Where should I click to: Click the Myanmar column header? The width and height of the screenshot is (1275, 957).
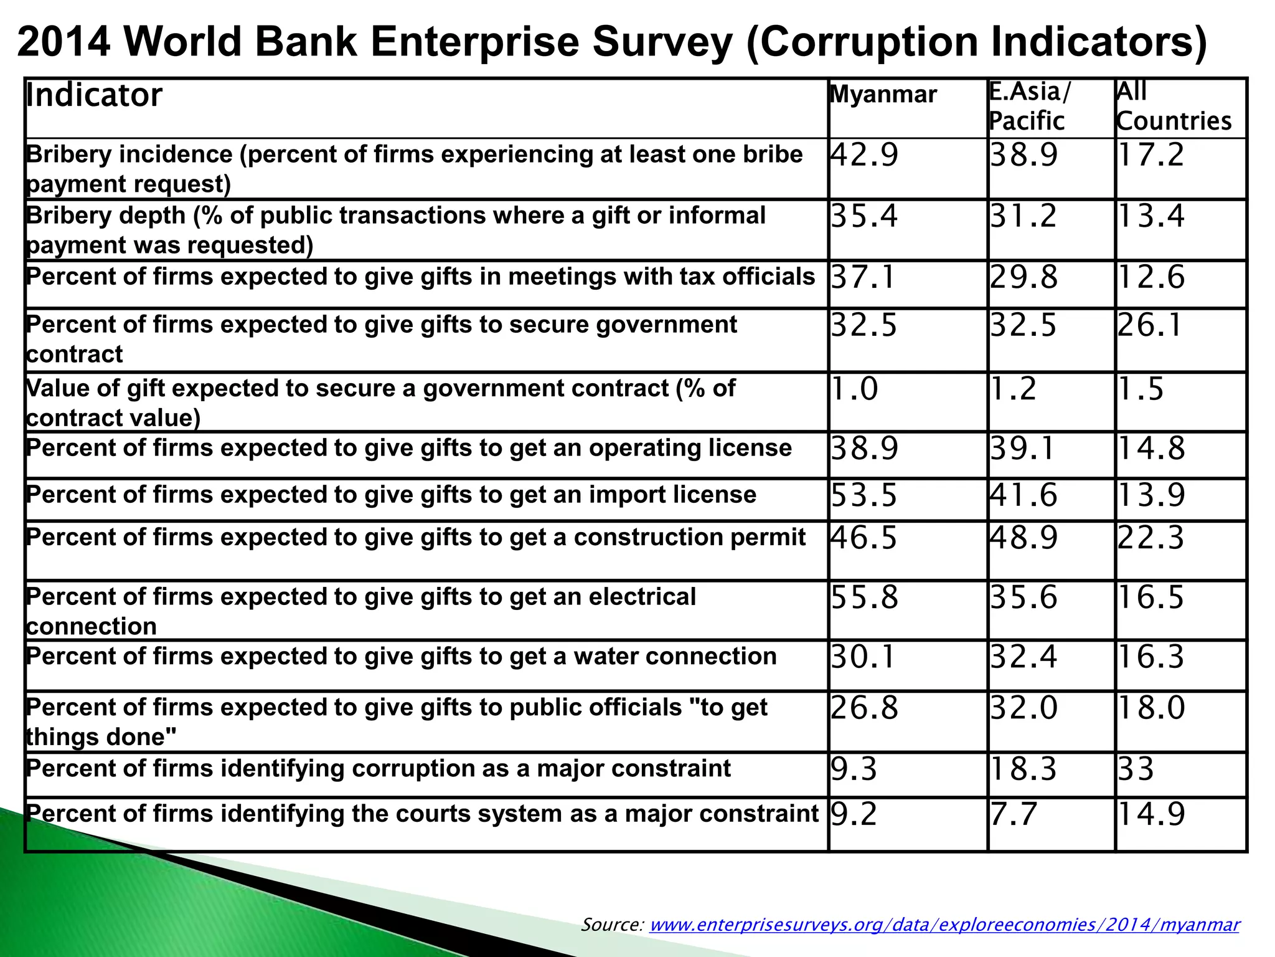883,95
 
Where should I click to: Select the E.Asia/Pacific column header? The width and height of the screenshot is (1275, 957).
1030,107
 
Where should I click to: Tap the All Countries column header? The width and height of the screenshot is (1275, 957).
1174,107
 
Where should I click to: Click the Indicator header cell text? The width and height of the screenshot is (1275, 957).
94,95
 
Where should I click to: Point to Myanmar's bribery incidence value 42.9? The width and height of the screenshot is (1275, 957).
865,155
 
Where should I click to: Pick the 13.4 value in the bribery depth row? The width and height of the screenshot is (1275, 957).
1151,216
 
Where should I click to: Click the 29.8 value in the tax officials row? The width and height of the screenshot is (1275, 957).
1023,277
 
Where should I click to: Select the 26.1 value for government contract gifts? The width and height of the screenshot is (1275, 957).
1149,325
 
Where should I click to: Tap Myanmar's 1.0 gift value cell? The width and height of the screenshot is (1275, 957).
855,389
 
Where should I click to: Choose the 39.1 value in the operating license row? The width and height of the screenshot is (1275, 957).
1022,448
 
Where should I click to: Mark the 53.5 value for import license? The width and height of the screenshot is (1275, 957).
864,495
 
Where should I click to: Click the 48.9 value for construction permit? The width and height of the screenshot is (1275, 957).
1023,537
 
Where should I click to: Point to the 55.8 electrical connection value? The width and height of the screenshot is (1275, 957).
865,597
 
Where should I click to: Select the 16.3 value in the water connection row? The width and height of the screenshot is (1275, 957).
1150,657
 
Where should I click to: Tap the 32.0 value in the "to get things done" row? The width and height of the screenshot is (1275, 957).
1023,708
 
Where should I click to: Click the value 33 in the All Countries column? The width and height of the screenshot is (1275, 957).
1136,768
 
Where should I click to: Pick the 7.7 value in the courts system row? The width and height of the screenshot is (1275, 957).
1014,814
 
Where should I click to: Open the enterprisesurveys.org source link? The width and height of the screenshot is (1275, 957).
944,924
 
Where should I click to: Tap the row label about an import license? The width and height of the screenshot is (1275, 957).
391,495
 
